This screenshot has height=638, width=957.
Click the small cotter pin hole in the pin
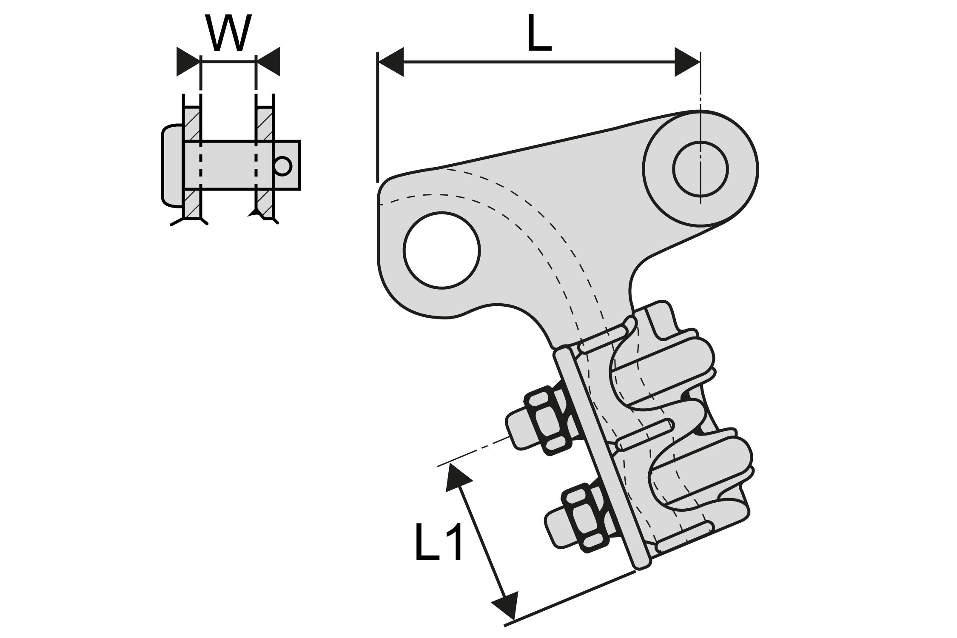(x=283, y=166)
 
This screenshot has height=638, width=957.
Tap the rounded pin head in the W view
(x=172, y=166)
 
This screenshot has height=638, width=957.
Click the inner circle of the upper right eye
(x=701, y=168)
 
